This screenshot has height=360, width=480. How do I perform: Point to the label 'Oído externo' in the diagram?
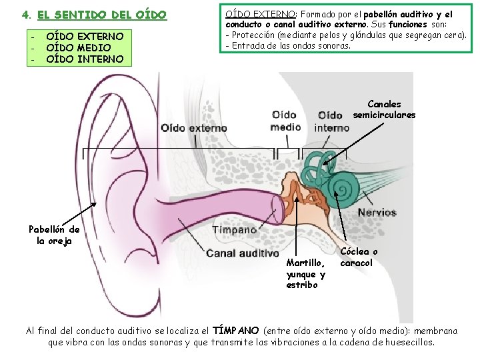pos(193,128)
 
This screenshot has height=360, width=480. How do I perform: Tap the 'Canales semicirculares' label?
pos(384,109)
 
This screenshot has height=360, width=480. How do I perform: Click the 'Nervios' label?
pos(377,213)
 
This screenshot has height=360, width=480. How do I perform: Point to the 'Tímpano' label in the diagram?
pos(234,229)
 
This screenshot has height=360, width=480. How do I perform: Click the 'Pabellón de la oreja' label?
pos(54,235)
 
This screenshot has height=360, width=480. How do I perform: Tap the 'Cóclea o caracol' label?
pos(359,257)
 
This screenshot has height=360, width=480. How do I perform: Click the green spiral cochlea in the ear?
pos(346,187)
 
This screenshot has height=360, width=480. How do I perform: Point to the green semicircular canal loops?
pos(317,160)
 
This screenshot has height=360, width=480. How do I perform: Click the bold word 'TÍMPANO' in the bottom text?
pos(235,331)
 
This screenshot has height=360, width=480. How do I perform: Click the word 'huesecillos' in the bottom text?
pos(409,342)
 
